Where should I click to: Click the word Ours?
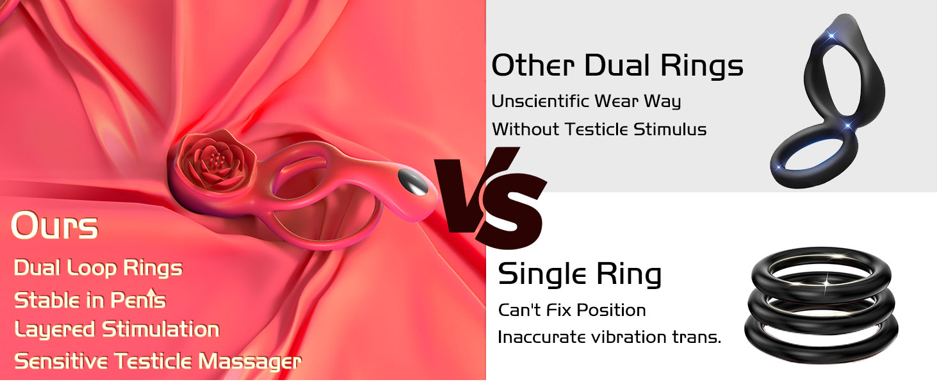[54, 226]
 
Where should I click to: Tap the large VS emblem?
[490, 197]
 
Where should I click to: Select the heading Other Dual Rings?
[617, 65]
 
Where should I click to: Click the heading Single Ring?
[580, 274]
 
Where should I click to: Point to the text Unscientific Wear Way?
[586, 101]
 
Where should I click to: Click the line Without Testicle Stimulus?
[599, 129]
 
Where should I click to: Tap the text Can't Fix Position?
[572, 310]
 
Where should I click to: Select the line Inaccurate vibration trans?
[610, 336]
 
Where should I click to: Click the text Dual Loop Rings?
[98, 268]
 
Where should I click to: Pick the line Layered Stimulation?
[117, 329]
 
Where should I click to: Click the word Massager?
[250, 361]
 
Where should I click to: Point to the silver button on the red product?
[413, 182]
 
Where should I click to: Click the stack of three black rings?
[821, 304]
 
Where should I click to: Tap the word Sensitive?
[61, 361]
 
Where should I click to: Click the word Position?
[611, 310]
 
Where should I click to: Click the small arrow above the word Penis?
[152, 292]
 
